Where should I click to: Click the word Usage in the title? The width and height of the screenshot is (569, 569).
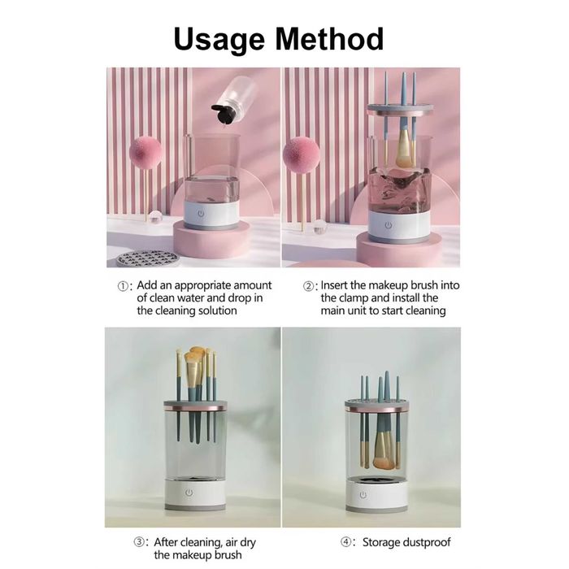219,40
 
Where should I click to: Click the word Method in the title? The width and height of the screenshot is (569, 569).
329,38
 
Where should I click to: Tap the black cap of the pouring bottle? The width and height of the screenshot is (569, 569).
222,113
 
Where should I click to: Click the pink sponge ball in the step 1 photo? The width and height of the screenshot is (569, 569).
146,153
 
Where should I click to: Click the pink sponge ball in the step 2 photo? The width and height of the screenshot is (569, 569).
301,153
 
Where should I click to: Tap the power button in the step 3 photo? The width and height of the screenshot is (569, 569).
189,493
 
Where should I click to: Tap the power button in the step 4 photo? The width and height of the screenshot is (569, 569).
363,495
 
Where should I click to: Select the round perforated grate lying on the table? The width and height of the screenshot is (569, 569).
147,258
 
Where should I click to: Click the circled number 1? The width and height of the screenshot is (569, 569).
123,286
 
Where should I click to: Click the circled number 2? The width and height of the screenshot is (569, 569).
308,286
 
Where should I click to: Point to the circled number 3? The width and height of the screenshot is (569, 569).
139,542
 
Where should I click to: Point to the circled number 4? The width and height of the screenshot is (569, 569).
345,542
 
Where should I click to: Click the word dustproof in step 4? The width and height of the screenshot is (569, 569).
427,543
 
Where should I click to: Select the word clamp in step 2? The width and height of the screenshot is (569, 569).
354,298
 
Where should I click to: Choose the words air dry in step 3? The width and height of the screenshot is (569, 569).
241,543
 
